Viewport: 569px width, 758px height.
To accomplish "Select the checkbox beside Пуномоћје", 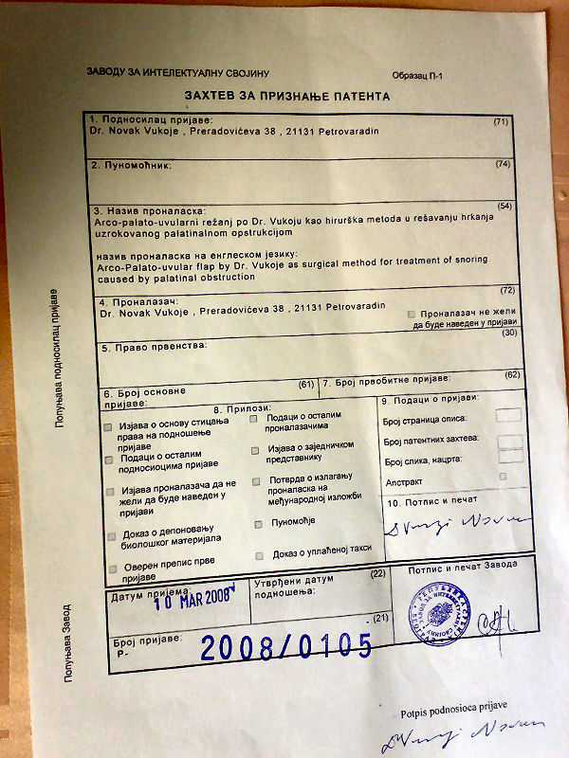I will (258, 524).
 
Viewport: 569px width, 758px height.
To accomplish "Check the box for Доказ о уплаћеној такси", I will (258, 556).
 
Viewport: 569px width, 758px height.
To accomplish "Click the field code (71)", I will (502, 122).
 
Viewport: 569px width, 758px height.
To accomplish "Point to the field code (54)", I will (504, 207).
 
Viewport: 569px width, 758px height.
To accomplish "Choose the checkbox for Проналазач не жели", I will (411, 314).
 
